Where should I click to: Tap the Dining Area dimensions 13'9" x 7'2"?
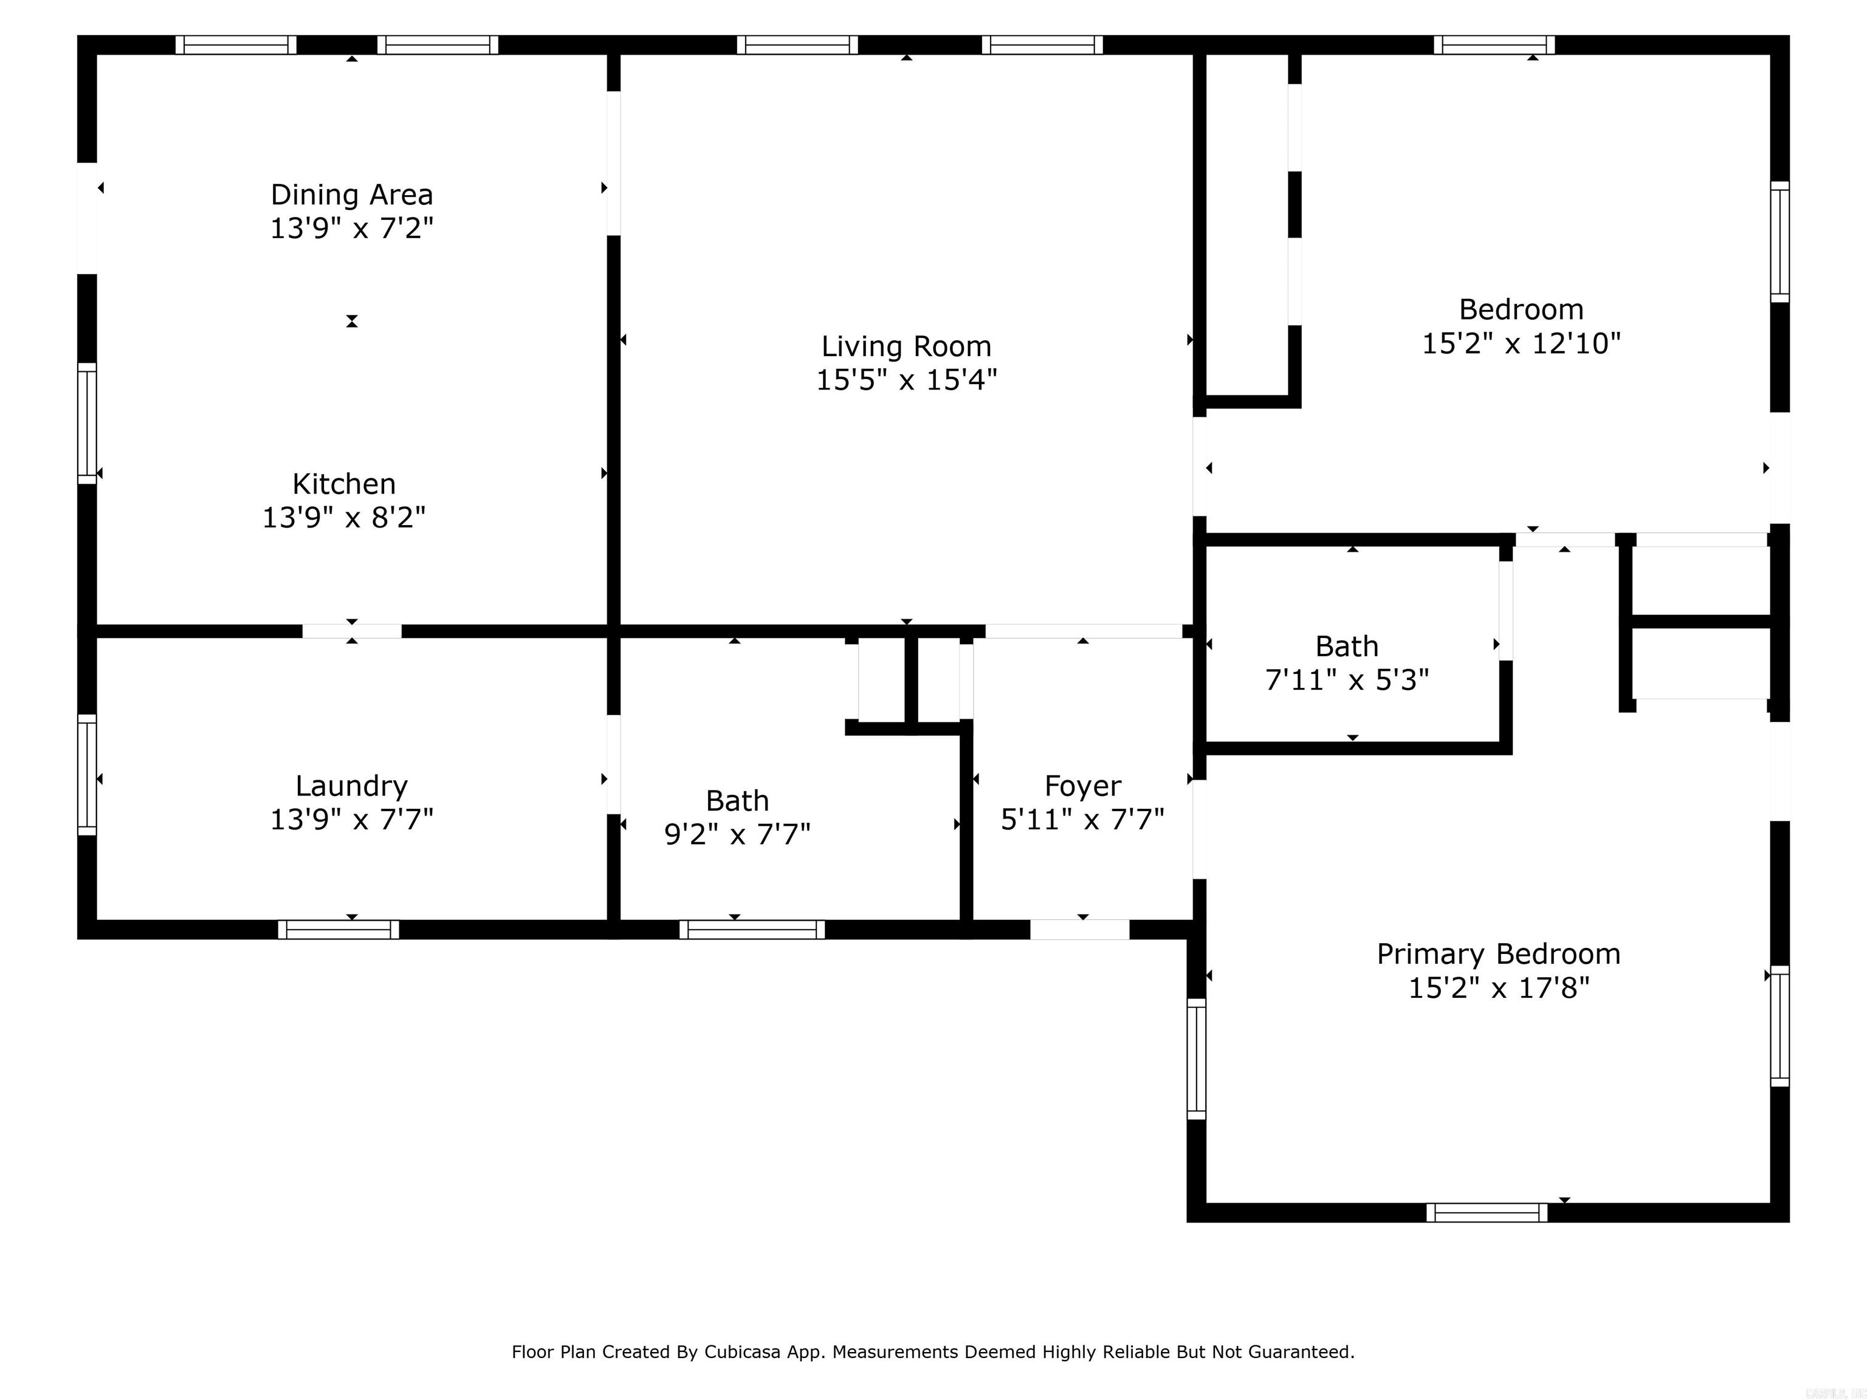(x=351, y=228)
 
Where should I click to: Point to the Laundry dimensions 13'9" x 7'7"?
(x=351, y=820)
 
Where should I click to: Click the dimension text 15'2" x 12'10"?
(x=1521, y=343)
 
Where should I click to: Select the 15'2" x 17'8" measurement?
(x=1498, y=987)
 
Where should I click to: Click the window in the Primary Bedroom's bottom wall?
(x=1487, y=1213)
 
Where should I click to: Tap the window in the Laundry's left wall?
(x=87, y=775)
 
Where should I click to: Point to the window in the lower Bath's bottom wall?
(x=752, y=930)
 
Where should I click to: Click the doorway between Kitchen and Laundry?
(x=352, y=631)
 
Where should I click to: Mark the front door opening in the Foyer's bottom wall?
(x=1079, y=929)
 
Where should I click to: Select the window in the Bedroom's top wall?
(x=1494, y=45)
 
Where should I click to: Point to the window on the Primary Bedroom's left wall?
(x=1196, y=1059)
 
